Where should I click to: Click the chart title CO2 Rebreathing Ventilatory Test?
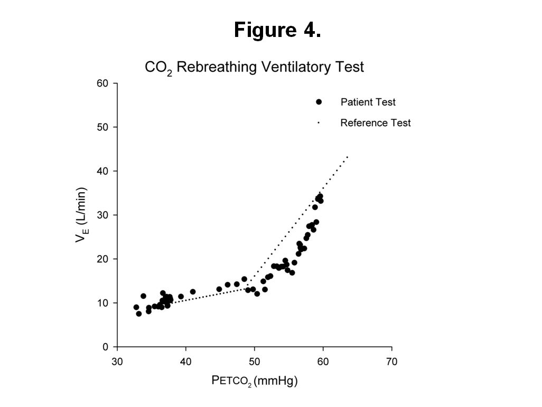254,68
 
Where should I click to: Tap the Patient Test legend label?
368,102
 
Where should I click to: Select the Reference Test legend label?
375,123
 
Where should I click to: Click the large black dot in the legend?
319,102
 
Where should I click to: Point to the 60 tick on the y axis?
104,83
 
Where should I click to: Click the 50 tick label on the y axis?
104,127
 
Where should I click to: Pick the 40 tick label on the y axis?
104,171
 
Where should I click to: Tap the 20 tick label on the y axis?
104,259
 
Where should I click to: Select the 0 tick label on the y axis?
106,347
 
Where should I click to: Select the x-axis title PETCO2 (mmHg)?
254,380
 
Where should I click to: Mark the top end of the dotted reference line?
348,156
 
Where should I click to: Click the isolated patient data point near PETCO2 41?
193,291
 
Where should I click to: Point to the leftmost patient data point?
136,307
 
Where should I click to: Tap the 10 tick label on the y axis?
104,303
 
